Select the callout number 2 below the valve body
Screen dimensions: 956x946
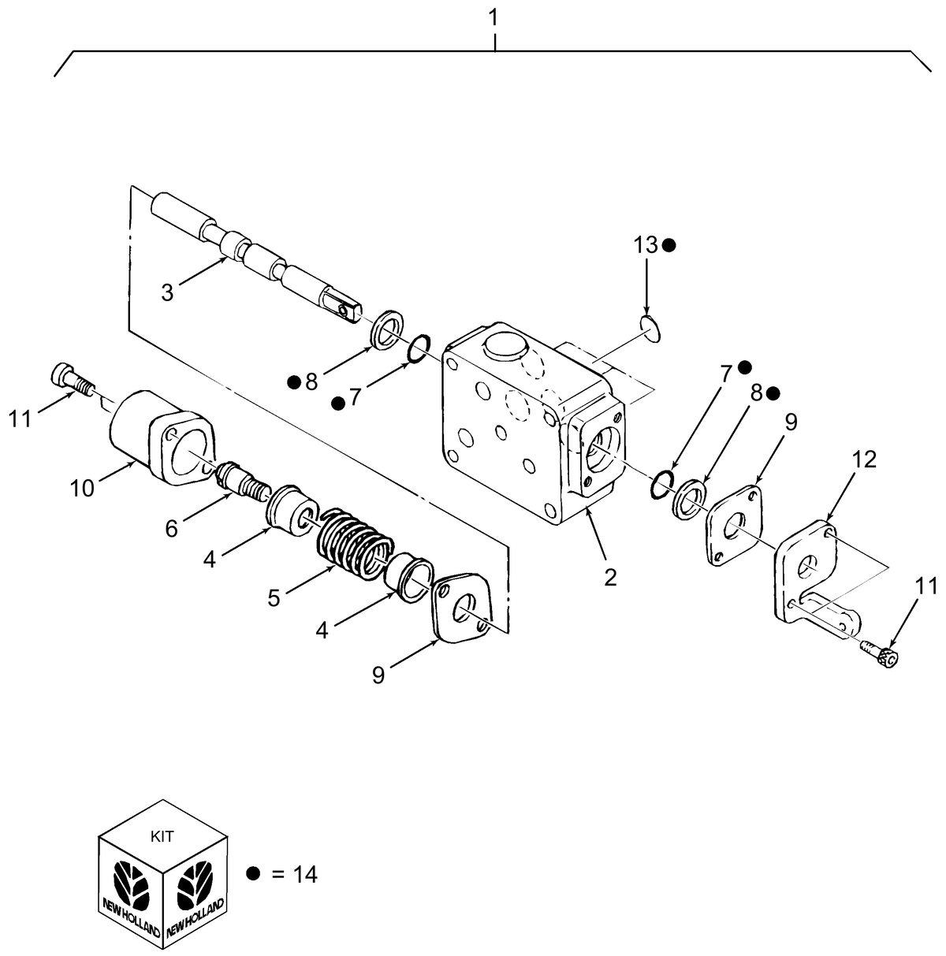609,576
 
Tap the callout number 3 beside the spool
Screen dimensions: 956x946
167,292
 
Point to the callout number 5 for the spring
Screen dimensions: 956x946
273,597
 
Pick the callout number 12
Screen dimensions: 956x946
864,459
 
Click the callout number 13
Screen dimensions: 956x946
646,245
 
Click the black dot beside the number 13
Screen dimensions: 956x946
669,245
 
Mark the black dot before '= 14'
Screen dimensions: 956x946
253,873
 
